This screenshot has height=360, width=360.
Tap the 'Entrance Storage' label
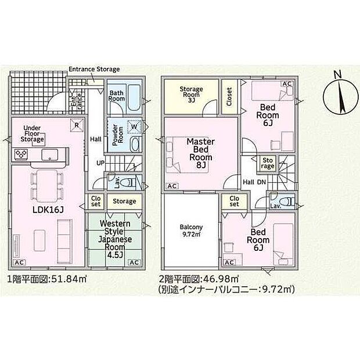tap(94, 70)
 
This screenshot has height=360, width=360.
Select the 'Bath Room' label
tap(117, 96)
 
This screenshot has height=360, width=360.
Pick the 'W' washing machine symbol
tap(134, 126)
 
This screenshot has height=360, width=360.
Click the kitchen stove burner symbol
tap(21, 154)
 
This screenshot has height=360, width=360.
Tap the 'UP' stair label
tap(100, 163)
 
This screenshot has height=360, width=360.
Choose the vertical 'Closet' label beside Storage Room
tap(229, 97)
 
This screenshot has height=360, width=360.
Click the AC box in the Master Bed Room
tap(172, 186)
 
